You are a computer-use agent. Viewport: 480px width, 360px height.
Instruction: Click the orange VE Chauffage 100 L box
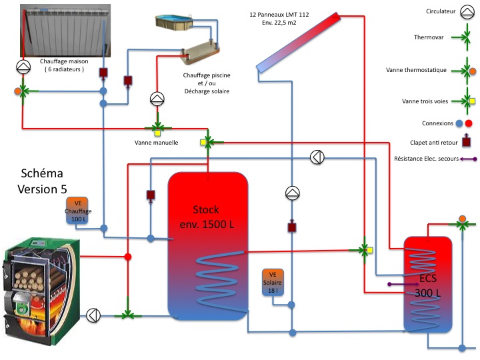tap(80, 211)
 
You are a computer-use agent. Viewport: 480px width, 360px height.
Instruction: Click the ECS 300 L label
tap(426, 285)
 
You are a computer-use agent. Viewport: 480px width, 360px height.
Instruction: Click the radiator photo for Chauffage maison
tap(65, 29)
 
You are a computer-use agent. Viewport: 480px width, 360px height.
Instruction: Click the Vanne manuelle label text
tap(156, 142)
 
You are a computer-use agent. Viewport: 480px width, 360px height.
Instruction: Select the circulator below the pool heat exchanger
tap(157, 99)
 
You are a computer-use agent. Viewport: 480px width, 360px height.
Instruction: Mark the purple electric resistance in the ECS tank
tap(405, 285)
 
